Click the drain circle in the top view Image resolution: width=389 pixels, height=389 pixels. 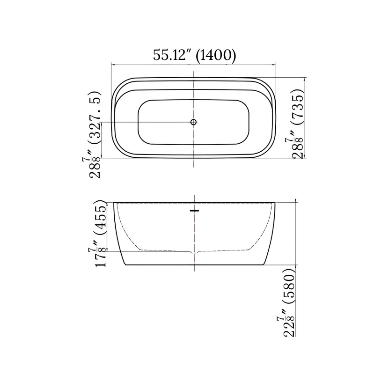[x=193, y=122]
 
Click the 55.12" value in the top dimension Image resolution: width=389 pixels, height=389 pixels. [x=170, y=55]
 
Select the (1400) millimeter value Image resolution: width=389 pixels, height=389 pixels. [x=216, y=55]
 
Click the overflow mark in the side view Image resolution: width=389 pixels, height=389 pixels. [x=195, y=211]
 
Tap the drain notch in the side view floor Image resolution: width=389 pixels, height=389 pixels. [x=194, y=252]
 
